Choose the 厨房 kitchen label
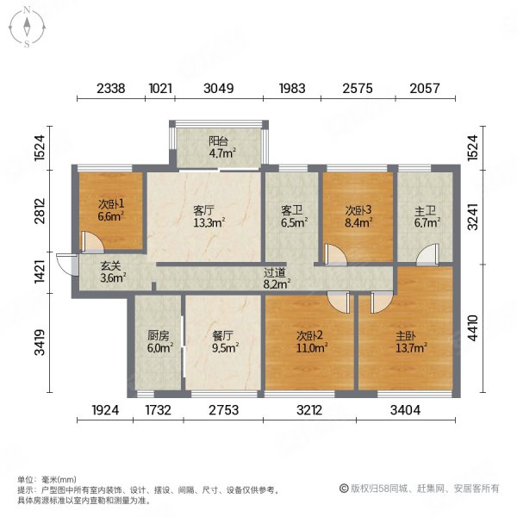pyautogui.click(x=159, y=336)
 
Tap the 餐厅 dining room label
pyautogui.click(x=223, y=336)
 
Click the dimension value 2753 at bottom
pyautogui.click(x=222, y=411)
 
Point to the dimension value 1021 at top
pyautogui.click(x=161, y=89)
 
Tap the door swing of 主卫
pyautogui.click(x=424, y=257)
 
